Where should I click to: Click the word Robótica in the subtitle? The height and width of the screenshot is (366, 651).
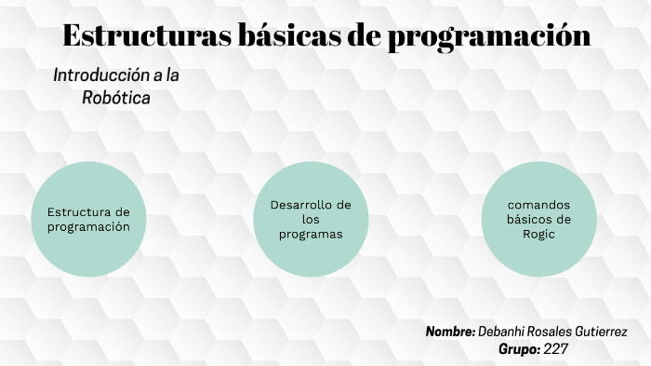(116, 96)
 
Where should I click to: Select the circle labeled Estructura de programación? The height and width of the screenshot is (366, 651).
(89, 219)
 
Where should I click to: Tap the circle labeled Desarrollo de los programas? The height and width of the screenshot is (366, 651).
(311, 219)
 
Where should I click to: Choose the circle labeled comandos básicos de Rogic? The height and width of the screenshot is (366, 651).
(538, 219)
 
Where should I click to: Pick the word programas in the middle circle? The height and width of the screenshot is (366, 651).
(311, 234)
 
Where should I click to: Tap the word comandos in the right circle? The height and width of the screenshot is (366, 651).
(538, 205)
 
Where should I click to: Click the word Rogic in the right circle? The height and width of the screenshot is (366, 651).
(538, 234)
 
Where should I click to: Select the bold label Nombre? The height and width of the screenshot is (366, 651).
(451, 332)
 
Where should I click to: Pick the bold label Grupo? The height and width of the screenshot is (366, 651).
(518, 349)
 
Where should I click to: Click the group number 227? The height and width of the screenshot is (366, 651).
(556, 349)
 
